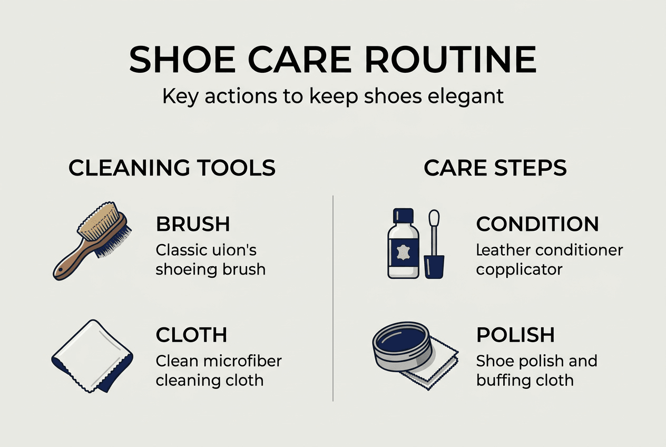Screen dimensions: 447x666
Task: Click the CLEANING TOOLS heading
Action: [172, 168]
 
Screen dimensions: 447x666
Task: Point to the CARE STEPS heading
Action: [495, 168]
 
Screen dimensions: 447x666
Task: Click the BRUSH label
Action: [193, 224]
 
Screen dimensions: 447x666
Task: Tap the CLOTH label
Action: [191, 335]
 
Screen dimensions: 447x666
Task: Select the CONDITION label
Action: [537, 224]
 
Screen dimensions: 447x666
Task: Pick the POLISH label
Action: [515, 335]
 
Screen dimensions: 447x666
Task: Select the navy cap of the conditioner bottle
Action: [404, 216]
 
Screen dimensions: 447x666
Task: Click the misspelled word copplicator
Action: [519, 270]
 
